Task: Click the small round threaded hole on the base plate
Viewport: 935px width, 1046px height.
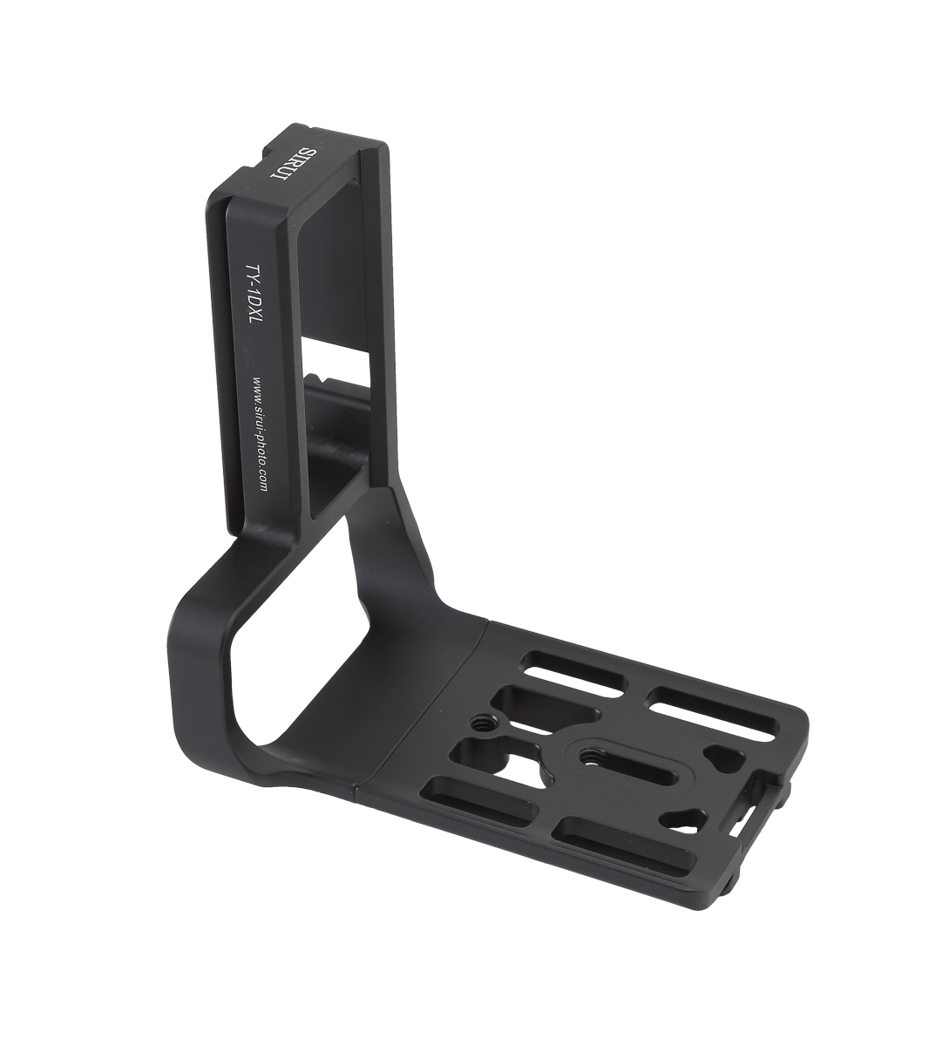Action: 478,722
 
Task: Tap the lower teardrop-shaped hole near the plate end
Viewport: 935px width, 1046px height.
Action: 681,821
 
